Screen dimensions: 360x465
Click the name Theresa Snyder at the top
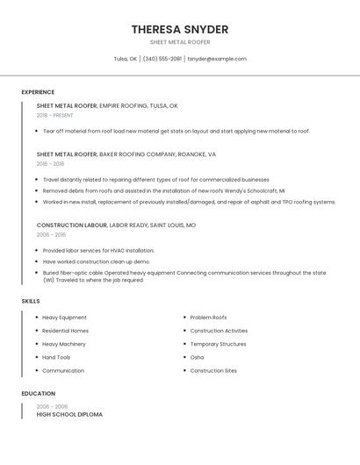[180, 30]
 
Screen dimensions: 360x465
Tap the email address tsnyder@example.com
[217, 59]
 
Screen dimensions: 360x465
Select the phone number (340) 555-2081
[162, 59]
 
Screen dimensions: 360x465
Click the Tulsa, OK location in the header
[126, 59]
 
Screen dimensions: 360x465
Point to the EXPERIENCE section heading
[38, 92]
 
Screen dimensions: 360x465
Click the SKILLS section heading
[31, 301]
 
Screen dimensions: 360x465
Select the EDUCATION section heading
[39, 394]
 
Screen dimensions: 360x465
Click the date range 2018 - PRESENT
[55, 116]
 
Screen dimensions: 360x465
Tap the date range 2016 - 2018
[51, 164]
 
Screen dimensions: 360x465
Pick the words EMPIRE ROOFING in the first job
[123, 106]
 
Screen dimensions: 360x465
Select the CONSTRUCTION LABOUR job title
[71, 225]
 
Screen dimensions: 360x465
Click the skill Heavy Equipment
[64, 318]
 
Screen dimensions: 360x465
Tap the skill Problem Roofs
[208, 318]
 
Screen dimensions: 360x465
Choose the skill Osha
[197, 358]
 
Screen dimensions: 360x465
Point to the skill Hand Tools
[56, 358]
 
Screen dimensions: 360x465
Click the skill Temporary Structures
[218, 344]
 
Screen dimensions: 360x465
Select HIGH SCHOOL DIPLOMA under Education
[69, 414]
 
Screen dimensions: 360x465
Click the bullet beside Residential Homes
[36, 331]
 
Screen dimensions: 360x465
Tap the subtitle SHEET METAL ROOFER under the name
[180, 41]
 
